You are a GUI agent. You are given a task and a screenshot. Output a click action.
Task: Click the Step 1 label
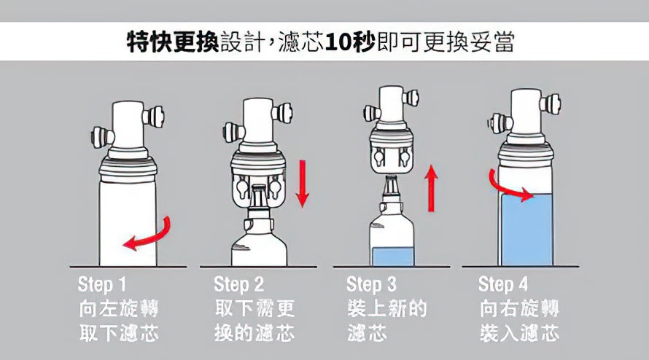pos(101,283)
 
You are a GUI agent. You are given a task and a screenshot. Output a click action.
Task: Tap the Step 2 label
pos(238,283)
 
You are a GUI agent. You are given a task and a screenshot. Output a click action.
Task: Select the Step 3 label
pos(371,283)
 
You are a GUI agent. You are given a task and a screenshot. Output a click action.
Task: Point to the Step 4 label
pos(503,283)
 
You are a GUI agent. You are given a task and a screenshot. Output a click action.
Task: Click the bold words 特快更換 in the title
pos(172,42)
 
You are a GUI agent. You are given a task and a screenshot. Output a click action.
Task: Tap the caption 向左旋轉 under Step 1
pos(117,308)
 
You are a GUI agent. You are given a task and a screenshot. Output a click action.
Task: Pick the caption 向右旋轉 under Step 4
pos(519,308)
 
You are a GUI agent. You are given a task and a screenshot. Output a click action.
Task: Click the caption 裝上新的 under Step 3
pos(386,308)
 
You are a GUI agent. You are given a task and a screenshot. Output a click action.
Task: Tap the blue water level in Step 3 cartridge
pos(392,257)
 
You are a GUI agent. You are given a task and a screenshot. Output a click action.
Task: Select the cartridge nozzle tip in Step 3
pos(391,182)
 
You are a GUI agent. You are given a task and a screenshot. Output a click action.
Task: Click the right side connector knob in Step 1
pos(155,115)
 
